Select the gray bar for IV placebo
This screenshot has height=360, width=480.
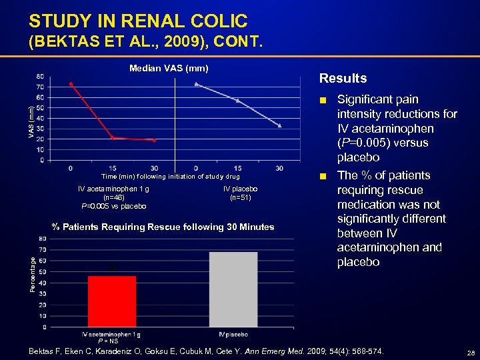pyautogui.click(x=233, y=289)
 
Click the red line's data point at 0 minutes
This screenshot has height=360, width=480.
pyautogui.click(x=71, y=83)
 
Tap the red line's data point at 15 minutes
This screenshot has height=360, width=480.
pyautogui.click(x=112, y=138)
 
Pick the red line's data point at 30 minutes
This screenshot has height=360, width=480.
pyautogui.click(x=154, y=141)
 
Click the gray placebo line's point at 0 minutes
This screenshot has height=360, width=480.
pyautogui.click(x=196, y=84)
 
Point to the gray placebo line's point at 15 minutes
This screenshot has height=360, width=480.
pyautogui.click(x=237, y=101)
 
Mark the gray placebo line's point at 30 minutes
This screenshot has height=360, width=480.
pyautogui.click(x=279, y=125)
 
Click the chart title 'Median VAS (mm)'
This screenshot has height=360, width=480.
pyautogui.click(x=169, y=68)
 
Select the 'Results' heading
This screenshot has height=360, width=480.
pyautogui.click(x=343, y=79)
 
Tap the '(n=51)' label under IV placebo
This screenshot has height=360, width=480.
pyautogui.click(x=240, y=198)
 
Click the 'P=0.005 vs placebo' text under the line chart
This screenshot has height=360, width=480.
pyautogui.click(x=113, y=207)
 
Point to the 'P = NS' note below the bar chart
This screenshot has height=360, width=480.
pyautogui.click(x=108, y=341)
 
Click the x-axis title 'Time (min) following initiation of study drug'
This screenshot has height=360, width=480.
pyautogui.click(x=170, y=177)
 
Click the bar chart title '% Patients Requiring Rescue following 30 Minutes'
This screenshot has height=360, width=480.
pyautogui.click(x=163, y=227)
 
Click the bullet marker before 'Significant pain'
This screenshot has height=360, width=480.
pyautogui.click(x=323, y=100)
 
